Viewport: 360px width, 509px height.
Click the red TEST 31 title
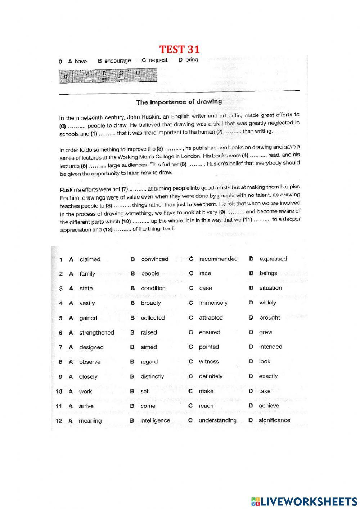click(179, 49)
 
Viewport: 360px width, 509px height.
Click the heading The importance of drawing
click(179, 102)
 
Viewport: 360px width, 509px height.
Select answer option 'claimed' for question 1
click(90, 259)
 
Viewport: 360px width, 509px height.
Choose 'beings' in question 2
click(268, 273)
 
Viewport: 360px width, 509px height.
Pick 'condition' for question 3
click(153, 288)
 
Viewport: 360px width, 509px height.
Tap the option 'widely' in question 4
click(267, 303)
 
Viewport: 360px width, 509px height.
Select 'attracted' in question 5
click(211, 318)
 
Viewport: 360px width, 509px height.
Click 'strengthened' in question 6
click(96, 333)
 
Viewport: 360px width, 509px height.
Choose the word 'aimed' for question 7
click(149, 347)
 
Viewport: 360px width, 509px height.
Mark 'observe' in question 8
click(90, 362)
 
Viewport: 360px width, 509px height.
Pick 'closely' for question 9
click(88, 377)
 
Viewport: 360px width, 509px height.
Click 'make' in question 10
click(206, 391)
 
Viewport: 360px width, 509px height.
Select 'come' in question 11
click(148, 406)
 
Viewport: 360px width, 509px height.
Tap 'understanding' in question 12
click(217, 420)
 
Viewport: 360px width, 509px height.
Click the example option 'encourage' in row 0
click(117, 61)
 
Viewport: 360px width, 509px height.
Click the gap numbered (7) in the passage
click(134, 189)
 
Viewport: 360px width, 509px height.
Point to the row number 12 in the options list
click(59, 421)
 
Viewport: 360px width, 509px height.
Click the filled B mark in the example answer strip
click(104, 77)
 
